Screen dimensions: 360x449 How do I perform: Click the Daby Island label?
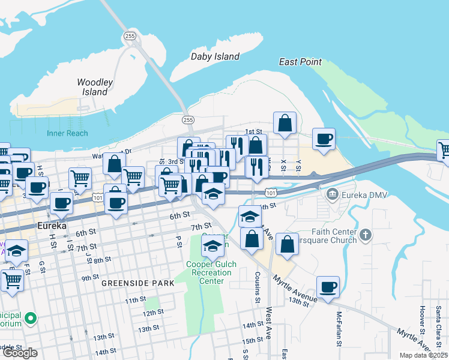coord(215,56)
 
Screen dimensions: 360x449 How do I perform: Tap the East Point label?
coord(300,62)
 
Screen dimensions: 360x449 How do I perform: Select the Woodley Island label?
coord(95,87)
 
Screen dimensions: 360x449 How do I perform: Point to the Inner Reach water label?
coord(68,133)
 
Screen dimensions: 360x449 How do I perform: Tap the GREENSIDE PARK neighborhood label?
coord(137,283)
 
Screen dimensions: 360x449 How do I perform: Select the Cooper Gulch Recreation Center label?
coord(211,272)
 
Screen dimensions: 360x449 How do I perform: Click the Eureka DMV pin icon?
coord(333,194)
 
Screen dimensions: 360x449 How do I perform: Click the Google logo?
coord(20,353)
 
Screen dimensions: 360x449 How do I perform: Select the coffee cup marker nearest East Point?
coord(324,139)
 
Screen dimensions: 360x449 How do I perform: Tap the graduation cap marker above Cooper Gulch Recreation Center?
coord(212,246)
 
